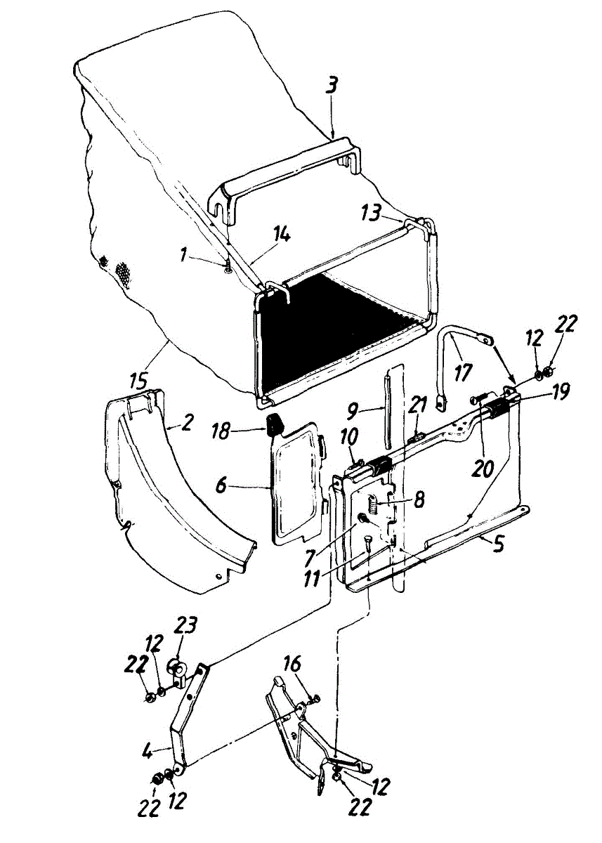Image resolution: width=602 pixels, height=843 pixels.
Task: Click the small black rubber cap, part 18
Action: [275, 425]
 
